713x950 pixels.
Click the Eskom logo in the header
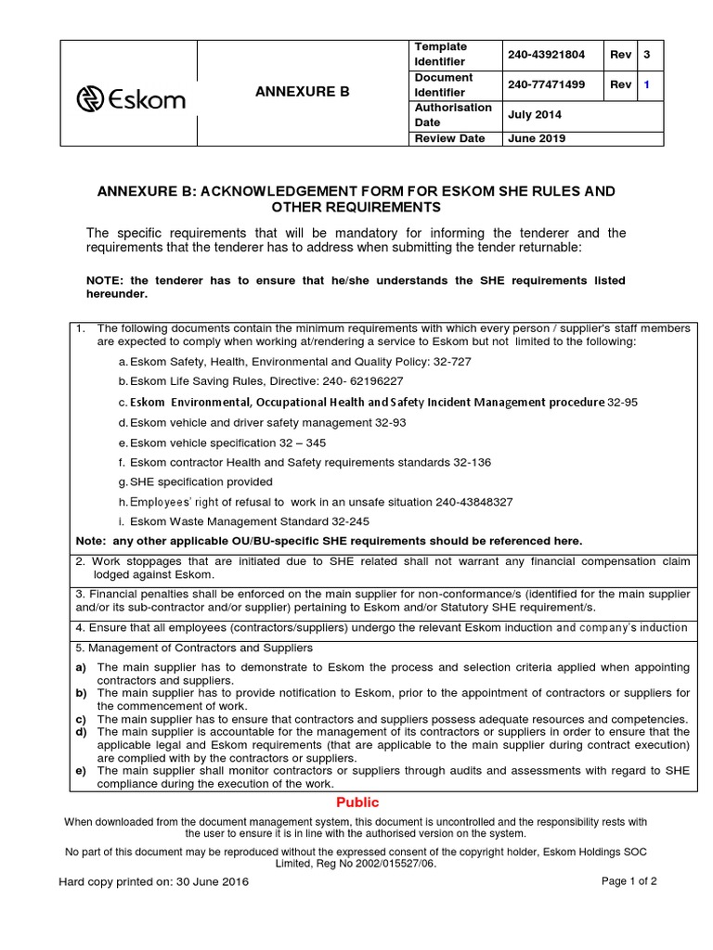point(129,99)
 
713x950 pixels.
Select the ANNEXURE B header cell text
point(303,92)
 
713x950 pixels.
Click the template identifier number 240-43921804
point(546,55)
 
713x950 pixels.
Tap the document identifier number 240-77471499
point(546,85)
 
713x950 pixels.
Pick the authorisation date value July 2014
point(534,115)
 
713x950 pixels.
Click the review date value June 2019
point(536,138)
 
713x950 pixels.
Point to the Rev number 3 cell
point(647,55)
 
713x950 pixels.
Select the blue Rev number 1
point(647,85)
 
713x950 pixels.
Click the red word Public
point(357,802)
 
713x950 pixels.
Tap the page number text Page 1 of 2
point(628,882)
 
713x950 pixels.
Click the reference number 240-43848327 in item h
point(466,502)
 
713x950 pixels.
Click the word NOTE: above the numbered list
point(106,280)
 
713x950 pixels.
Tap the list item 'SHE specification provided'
point(201,481)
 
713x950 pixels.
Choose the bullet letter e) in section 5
point(81,770)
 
